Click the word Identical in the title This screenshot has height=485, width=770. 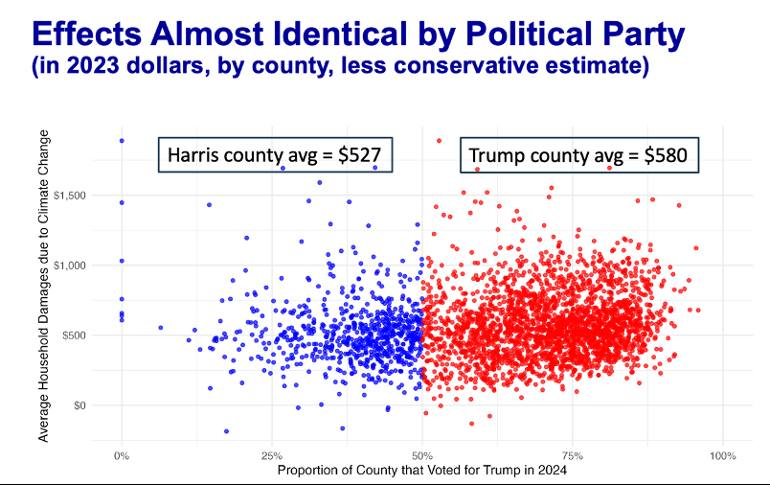(333, 35)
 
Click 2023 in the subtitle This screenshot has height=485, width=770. (102, 68)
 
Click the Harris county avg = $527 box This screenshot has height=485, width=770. (276, 155)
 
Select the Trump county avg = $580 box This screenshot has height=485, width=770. (577, 155)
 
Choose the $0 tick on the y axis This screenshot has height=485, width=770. (79, 405)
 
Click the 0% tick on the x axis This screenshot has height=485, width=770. (122, 454)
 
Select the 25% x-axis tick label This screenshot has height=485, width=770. (272, 454)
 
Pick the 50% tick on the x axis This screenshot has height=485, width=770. (422, 454)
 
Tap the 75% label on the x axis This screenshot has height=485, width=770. (573, 454)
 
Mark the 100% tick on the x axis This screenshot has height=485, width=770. (722, 454)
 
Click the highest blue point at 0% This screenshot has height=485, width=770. (122, 141)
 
